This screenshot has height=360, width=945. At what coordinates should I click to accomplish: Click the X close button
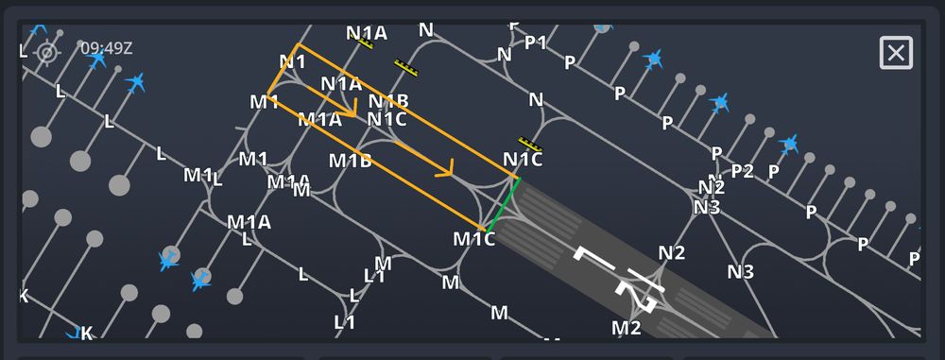(896, 53)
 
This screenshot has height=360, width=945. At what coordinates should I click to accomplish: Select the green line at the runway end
(501, 203)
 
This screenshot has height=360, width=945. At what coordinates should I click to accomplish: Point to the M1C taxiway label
(473, 239)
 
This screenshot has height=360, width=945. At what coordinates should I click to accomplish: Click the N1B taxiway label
(388, 101)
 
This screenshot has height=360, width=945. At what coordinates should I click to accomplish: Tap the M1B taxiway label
(350, 161)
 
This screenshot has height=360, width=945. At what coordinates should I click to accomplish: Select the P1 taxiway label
(536, 43)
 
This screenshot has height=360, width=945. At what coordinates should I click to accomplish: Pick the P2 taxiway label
(743, 171)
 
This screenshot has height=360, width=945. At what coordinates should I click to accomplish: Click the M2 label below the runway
(627, 328)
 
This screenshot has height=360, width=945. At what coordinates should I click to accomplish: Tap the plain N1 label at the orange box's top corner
(293, 62)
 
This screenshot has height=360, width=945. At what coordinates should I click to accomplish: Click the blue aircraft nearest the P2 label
(789, 145)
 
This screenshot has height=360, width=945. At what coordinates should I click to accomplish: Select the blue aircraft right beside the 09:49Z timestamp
(96, 60)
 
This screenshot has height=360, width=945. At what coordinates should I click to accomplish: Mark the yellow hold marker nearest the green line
(531, 145)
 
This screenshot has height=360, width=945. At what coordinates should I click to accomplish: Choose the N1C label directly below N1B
(387, 119)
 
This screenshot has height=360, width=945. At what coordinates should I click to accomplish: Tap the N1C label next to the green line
(523, 161)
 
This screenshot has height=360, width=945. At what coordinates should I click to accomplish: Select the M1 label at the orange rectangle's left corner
(265, 102)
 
